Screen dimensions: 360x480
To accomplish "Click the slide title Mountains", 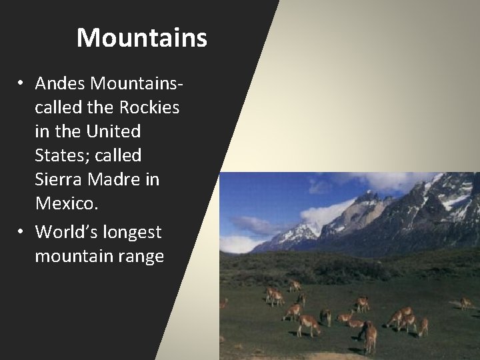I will pyautogui.click(x=142, y=38).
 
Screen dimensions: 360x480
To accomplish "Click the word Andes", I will pyautogui.click(x=61, y=83).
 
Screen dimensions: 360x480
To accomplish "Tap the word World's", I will pyautogui.click(x=65, y=231).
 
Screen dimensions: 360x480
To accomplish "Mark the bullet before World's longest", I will pyautogui.click(x=22, y=232).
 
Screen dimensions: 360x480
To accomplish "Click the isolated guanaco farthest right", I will pyautogui.click(x=466, y=303).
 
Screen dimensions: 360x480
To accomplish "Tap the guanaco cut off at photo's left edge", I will pyautogui.click(x=224, y=303).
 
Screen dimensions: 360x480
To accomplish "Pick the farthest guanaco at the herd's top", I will pyautogui.click(x=294, y=285).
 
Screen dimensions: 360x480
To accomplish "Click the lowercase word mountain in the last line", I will pyautogui.click(x=73, y=256).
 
